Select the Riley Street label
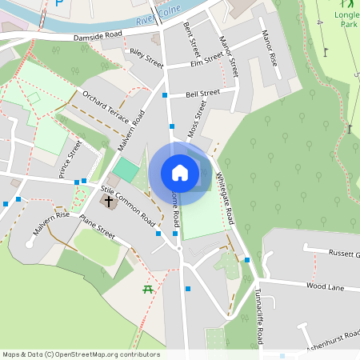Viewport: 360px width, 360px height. click(146, 58)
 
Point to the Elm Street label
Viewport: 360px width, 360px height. click(207, 58)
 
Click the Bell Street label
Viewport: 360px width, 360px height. click(201, 93)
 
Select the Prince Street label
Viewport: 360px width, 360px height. click(70, 158)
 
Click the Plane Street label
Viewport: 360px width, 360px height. click(98, 231)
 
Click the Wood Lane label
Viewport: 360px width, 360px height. click(323, 285)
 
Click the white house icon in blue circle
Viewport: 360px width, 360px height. click(180, 173)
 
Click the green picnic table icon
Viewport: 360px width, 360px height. click(147, 289)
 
